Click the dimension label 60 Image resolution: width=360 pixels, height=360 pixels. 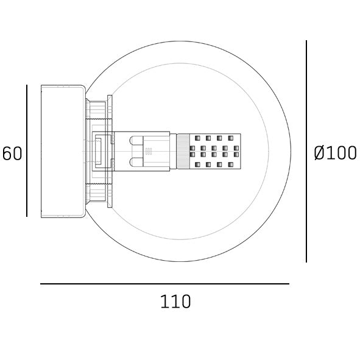pyautogui.click(x=12, y=154)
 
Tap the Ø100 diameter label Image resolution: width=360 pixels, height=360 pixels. pyautogui.click(x=335, y=153)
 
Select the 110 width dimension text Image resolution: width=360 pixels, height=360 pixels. pyautogui.click(x=175, y=302)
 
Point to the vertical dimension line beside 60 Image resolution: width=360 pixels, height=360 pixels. pyautogui.click(x=27, y=150)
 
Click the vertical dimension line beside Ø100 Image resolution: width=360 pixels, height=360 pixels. pyautogui.click(x=306, y=151)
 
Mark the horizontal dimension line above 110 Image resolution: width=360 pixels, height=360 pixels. pyautogui.click(x=164, y=284)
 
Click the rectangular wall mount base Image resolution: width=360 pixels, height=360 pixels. pyautogui.click(x=63, y=151)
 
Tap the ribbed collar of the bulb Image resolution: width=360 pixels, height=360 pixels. pyautogui.click(x=183, y=151)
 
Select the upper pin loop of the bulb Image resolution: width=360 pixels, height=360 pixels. pyautogui.click(x=136, y=141)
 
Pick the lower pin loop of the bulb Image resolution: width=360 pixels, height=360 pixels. pyautogui.click(x=136, y=162)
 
